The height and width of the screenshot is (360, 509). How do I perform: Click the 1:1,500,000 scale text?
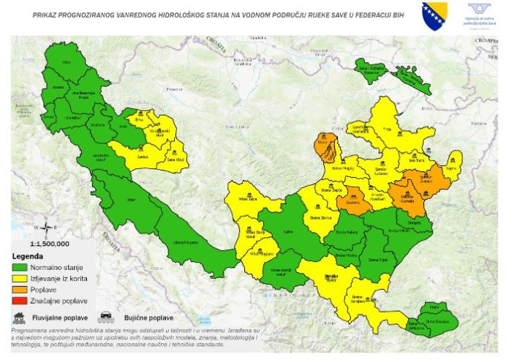point(49,243)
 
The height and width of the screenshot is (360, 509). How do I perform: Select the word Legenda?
point(30,257)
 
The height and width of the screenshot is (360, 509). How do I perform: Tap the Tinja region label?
point(388,130)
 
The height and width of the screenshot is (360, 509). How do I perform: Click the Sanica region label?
point(143,157)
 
